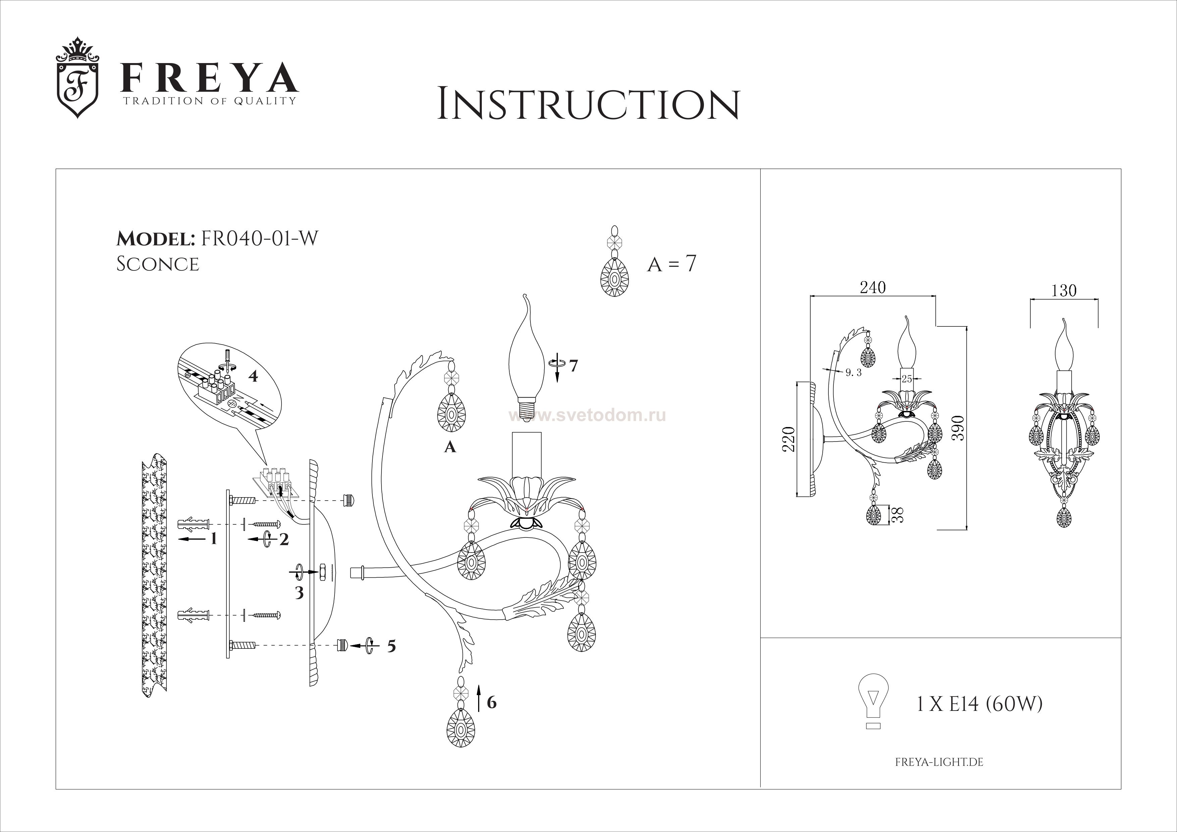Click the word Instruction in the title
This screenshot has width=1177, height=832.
588,105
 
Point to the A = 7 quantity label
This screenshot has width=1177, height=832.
672,264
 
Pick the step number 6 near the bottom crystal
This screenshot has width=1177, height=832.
492,702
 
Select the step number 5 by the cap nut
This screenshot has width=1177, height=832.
392,646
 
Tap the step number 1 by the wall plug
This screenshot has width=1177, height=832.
213,539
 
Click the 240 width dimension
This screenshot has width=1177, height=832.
872,288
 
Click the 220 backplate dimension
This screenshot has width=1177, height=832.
788,439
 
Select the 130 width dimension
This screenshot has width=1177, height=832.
1064,291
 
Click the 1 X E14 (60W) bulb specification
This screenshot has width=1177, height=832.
979,705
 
